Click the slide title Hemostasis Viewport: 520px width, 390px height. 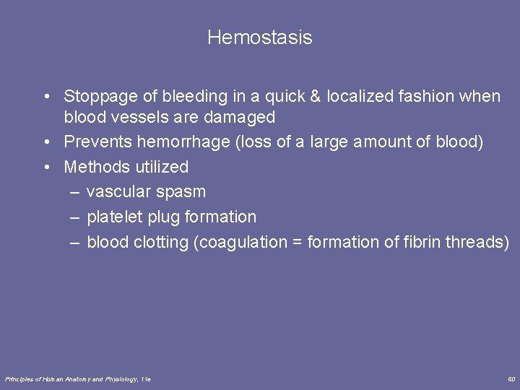[x=259, y=38]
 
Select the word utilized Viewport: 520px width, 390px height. [x=162, y=167]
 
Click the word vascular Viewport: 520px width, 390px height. [x=116, y=192]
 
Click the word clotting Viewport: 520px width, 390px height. [x=160, y=242]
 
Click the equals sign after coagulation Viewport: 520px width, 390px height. [x=297, y=243]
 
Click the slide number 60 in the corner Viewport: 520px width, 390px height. [x=511, y=379]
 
